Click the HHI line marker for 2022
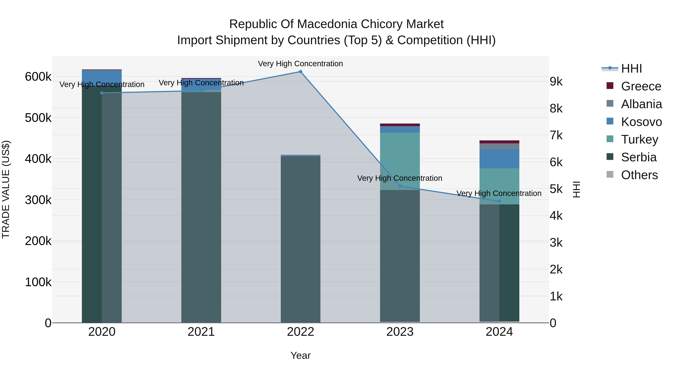(x=300, y=72)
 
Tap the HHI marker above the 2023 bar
(x=400, y=186)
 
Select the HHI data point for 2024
(x=499, y=201)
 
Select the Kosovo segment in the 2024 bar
(x=499, y=159)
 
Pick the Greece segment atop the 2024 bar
(x=499, y=142)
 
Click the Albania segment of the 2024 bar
(x=499, y=146)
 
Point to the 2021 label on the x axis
(x=201, y=332)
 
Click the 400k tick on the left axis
(x=38, y=159)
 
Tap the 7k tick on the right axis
(x=556, y=135)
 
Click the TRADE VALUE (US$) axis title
(x=6, y=189)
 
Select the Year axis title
(x=300, y=355)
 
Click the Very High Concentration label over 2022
(x=300, y=64)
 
